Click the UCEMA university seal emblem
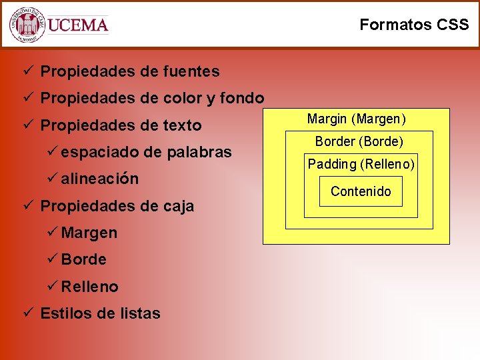point(27,25)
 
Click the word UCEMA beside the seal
point(78,25)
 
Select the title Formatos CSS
point(414,25)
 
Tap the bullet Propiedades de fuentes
point(129,71)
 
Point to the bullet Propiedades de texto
point(121,125)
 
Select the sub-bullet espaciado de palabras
point(146,152)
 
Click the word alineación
point(100,179)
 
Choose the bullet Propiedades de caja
point(117,206)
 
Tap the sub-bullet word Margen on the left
point(89,233)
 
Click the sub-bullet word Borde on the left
point(84,259)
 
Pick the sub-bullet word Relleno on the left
point(90,287)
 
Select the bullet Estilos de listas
point(100,313)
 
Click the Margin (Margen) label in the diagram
point(356,119)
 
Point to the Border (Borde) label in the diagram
point(359,141)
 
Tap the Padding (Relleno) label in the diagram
point(361,164)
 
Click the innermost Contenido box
point(361,191)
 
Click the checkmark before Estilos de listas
point(27,313)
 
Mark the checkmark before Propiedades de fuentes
point(27,70)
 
